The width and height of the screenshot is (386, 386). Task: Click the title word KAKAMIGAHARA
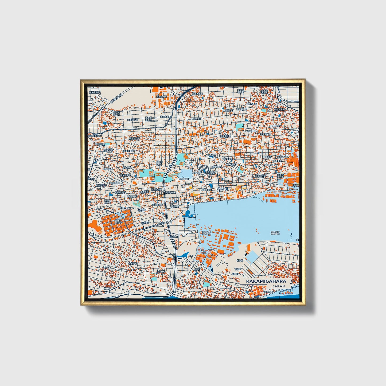[266, 281]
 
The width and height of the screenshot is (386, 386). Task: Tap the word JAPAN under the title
[279, 286]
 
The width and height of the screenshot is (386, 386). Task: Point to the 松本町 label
[239, 260]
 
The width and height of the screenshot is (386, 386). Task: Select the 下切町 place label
[237, 269]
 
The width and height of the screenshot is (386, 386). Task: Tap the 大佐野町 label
[161, 271]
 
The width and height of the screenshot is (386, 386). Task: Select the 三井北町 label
[141, 210]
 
